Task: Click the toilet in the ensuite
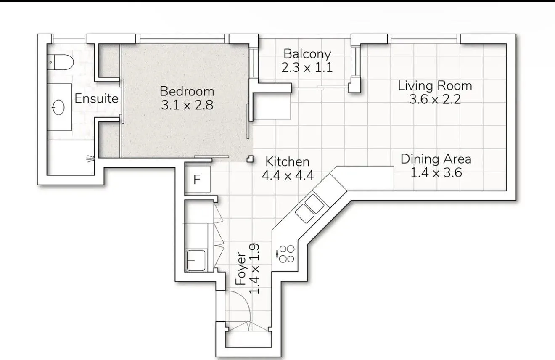point(60,62)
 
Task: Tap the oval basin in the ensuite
point(58,107)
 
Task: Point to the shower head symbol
point(91,159)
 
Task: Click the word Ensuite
point(96,98)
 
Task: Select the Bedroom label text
point(187,91)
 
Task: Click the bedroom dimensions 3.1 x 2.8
point(187,105)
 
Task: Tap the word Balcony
point(307,54)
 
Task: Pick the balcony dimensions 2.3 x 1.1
point(307,67)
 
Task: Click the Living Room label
point(435,86)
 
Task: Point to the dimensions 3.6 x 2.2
point(435,99)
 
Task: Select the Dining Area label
point(436,159)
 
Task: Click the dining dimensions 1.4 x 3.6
point(436,173)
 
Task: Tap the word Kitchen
point(288,162)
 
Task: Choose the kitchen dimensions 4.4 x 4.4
point(288,175)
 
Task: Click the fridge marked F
point(198,179)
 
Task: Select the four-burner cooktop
point(287,254)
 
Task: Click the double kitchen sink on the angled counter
point(310,208)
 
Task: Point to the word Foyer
point(240,269)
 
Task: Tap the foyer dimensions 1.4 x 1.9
point(254,269)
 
